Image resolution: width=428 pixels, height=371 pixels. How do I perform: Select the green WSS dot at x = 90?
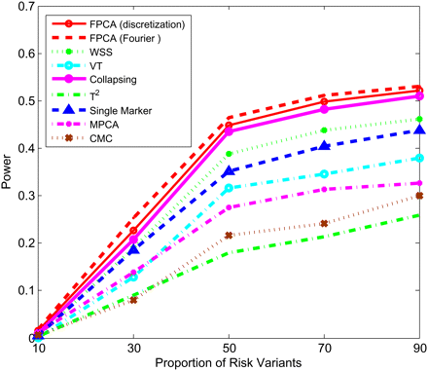[419, 119]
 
